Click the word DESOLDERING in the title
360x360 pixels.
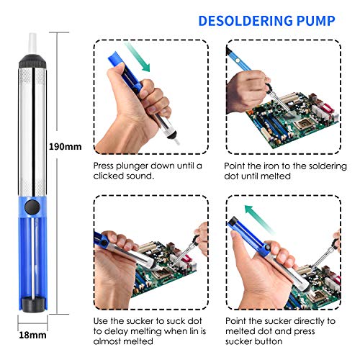[246, 21]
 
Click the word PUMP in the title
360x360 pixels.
[316, 21]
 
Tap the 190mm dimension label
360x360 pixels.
[65, 146]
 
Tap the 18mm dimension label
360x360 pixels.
[32, 335]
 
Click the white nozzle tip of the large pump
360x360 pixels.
[32, 44]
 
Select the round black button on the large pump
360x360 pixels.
[32, 207]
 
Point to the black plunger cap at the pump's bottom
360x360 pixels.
[32, 305]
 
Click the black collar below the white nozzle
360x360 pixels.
[32, 61]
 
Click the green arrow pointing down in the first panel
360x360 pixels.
[137, 57]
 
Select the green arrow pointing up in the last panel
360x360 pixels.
[260, 219]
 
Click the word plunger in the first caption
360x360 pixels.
[132, 166]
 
